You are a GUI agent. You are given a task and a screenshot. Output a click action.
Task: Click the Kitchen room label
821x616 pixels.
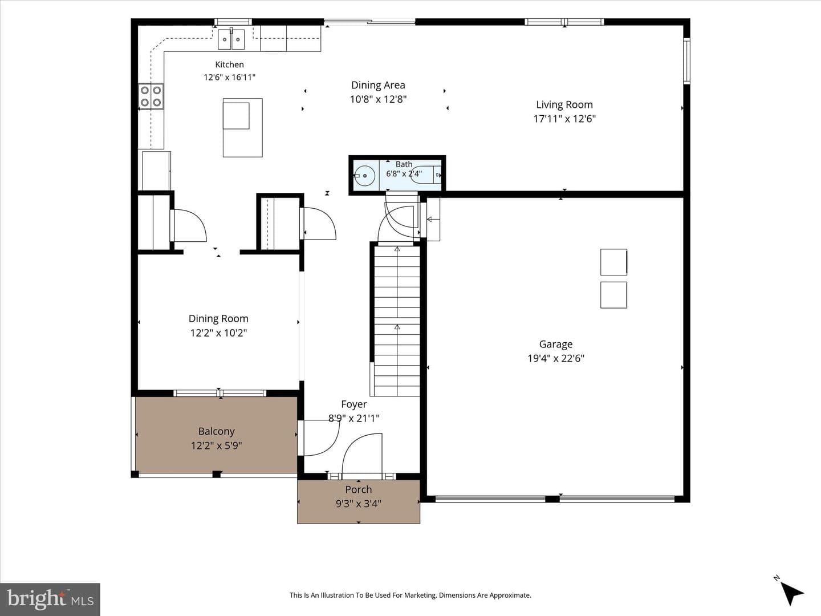click(229, 64)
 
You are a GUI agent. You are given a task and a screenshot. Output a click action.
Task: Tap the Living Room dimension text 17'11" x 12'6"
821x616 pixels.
click(564, 119)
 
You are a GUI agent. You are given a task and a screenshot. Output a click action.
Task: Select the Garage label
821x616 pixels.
click(556, 344)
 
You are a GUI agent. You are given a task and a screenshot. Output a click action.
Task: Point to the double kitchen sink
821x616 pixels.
click(231, 39)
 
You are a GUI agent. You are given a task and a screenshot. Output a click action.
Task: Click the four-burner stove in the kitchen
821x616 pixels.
click(151, 96)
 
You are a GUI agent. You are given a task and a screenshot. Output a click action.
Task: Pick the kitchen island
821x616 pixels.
click(243, 128)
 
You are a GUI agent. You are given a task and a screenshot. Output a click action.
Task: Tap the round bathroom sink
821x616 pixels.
click(365, 176)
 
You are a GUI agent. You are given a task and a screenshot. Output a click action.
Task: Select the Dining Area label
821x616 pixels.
click(378, 86)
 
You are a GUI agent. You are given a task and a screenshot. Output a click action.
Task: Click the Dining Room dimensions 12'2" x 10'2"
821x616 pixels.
click(218, 333)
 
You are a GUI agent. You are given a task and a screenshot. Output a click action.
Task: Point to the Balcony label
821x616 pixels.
click(217, 431)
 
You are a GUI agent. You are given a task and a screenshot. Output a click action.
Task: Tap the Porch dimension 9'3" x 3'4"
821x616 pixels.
click(358, 504)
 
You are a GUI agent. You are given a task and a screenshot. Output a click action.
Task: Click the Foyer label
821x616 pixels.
click(354, 404)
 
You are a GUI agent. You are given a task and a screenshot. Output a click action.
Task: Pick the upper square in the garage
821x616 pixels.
click(614, 262)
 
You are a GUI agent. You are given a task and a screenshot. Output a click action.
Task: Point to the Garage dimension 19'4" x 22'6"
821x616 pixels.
click(556, 359)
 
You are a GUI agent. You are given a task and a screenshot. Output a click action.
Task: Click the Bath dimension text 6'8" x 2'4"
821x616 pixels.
click(404, 173)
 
